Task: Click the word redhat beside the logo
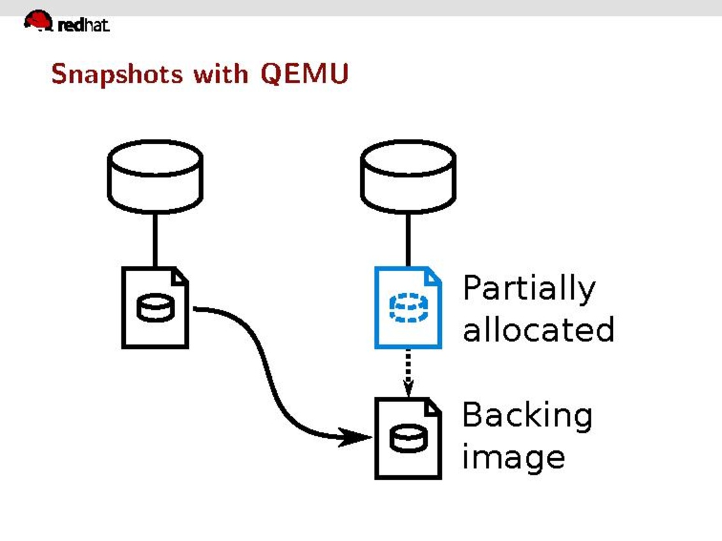(84, 25)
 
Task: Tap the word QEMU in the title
(304, 74)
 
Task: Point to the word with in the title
(223, 74)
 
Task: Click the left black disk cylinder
(155, 176)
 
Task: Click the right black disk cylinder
(407, 176)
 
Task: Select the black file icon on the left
(155, 308)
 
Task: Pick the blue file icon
(408, 308)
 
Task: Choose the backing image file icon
(408, 438)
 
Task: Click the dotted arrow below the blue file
(408, 373)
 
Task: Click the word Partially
(529, 288)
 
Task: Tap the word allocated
(538, 329)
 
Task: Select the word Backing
(527, 416)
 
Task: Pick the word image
(513, 457)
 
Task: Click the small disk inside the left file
(154, 309)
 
